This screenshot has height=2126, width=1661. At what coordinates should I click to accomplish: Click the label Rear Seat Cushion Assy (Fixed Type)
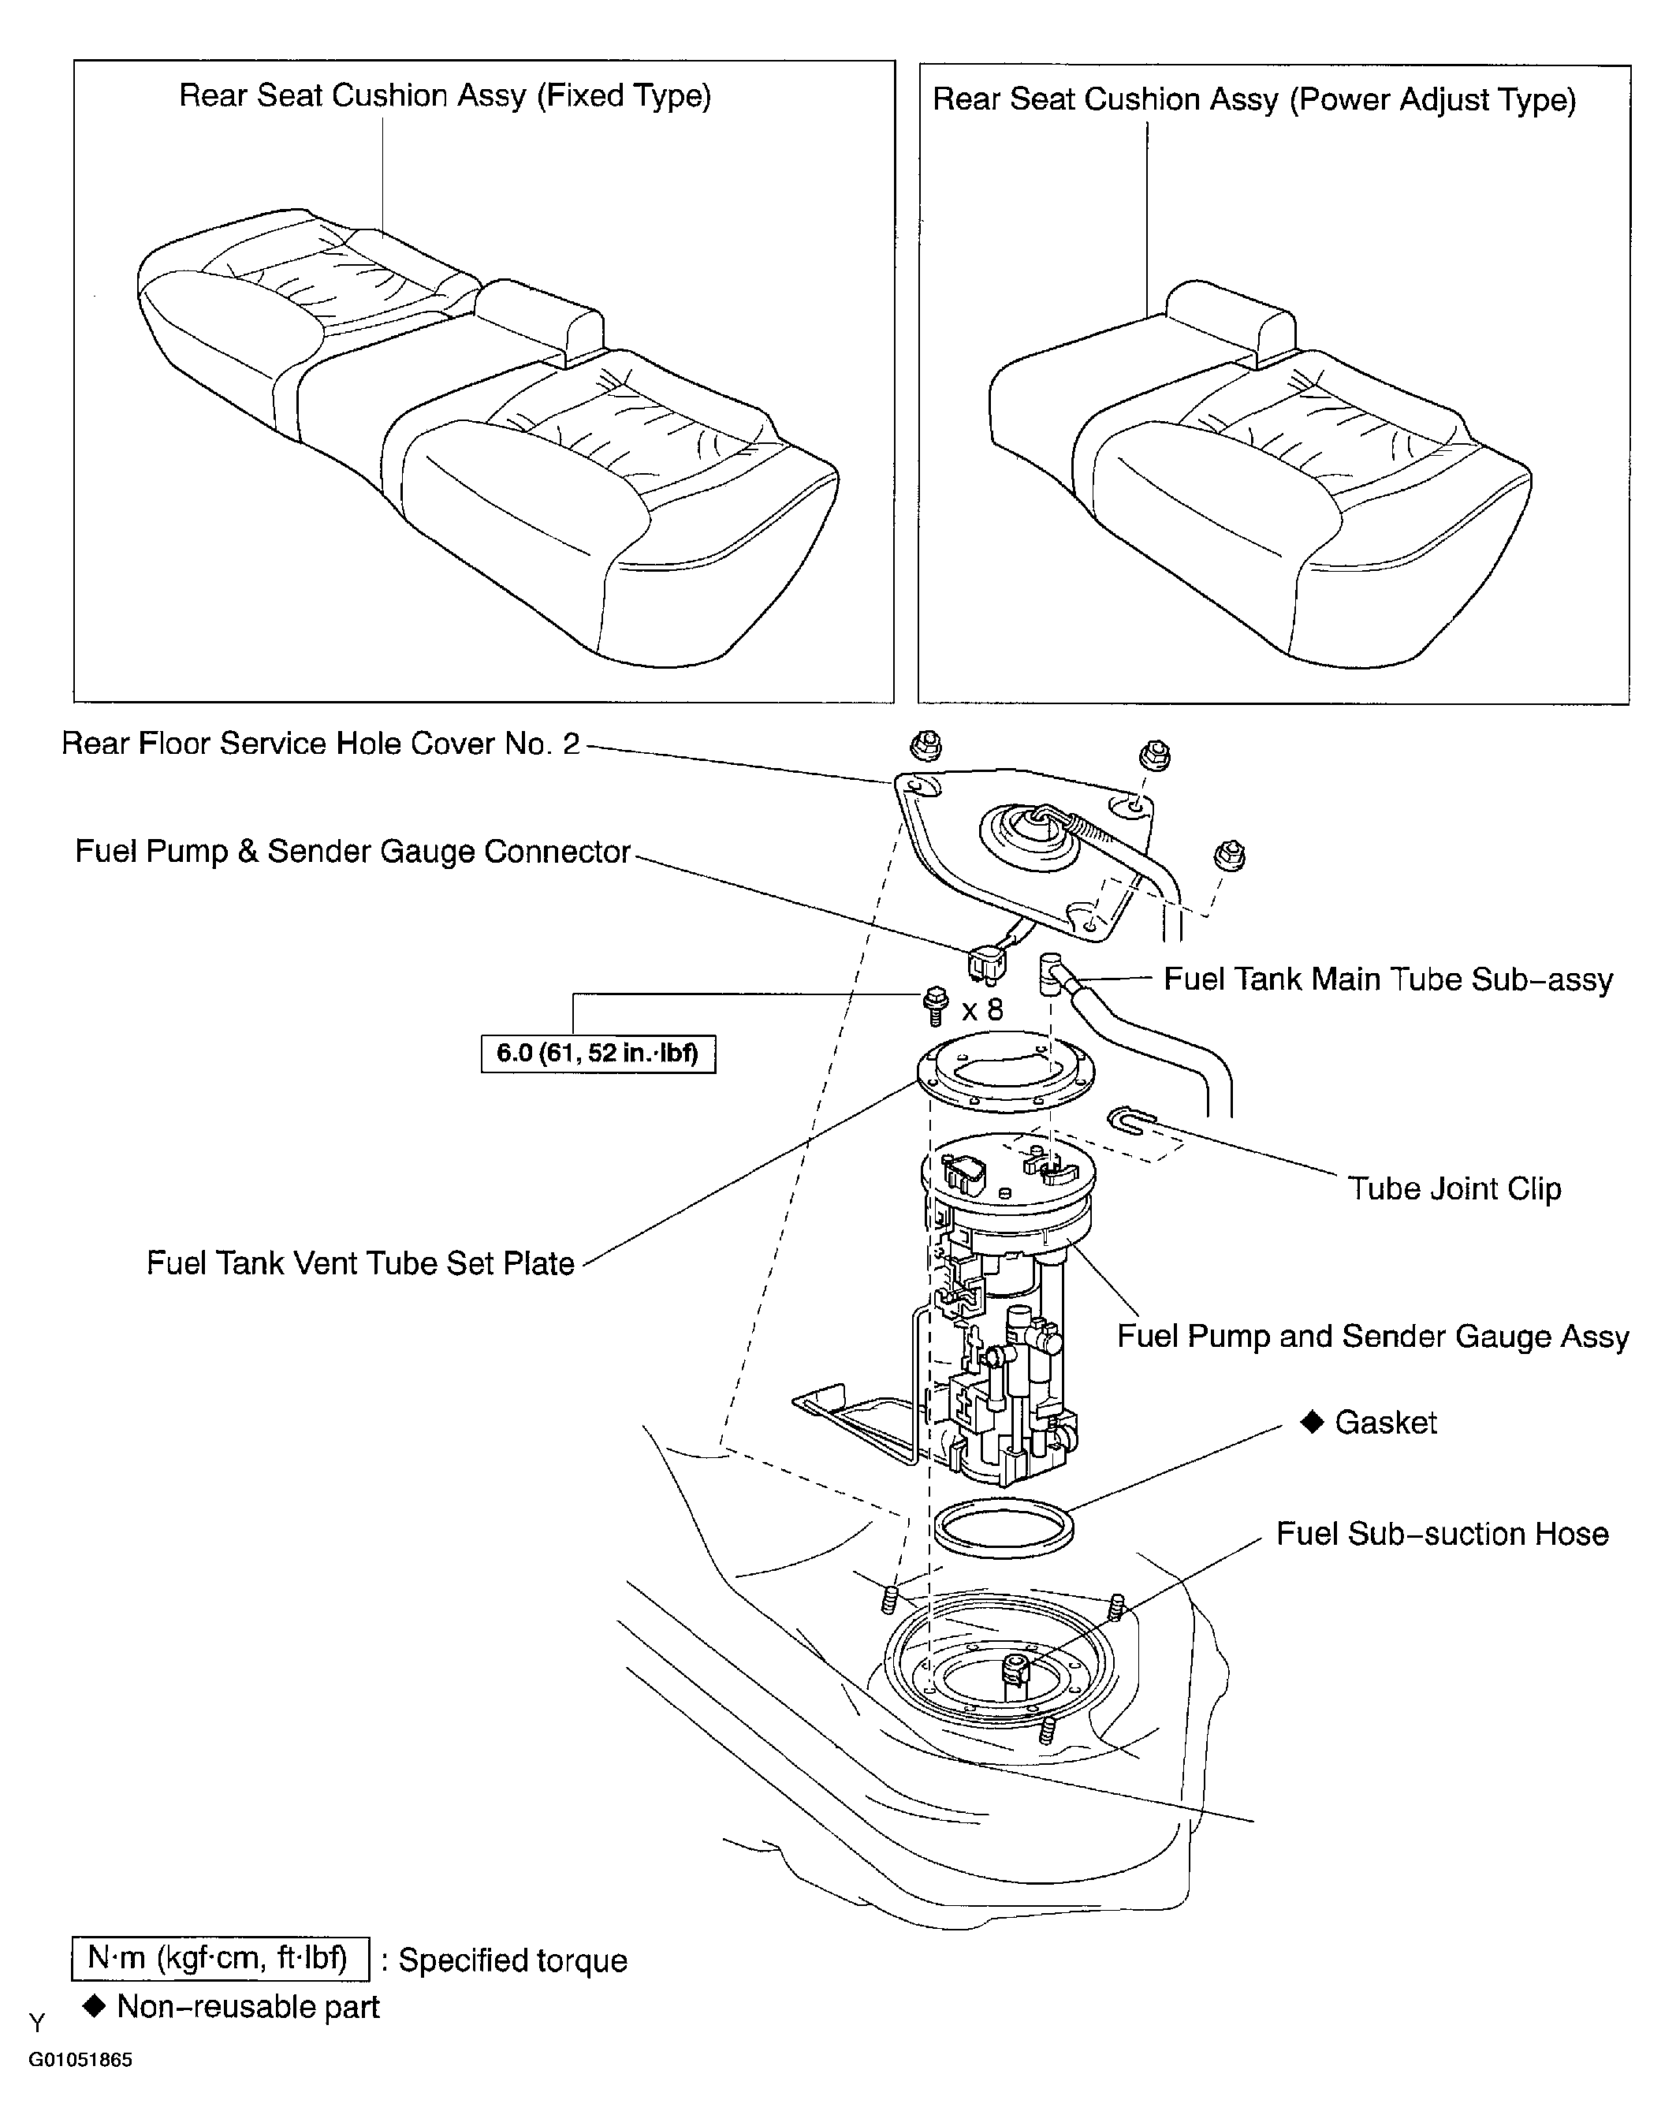tap(445, 96)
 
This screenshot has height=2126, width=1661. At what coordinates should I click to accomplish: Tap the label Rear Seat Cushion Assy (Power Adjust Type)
tap(1254, 100)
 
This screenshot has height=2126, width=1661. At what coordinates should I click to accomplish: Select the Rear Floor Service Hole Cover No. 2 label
tap(320, 744)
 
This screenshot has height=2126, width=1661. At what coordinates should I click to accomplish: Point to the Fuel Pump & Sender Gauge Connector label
tap(353, 852)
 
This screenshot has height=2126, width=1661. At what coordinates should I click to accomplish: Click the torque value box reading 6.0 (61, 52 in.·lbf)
tap(598, 1054)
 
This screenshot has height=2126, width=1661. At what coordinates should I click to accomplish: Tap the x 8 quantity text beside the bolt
tap(981, 1009)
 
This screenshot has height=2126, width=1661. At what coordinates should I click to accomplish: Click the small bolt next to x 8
tap(935, 1005)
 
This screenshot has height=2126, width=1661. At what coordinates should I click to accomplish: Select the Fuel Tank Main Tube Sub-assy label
tap(1388, 979)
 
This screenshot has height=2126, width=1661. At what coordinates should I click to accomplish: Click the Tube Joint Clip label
tap(1454, 1188)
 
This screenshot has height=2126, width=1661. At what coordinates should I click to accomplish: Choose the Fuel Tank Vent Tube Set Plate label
tap(360, 1263)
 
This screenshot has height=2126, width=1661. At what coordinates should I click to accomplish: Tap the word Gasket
tap(1386, 1423)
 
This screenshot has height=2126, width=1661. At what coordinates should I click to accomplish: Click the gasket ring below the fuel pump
tap(1004, 1527)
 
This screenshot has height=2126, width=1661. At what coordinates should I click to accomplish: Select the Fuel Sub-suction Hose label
tap(1442, 1534)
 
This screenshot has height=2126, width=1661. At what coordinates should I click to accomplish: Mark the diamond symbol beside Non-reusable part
tap(95, 2005)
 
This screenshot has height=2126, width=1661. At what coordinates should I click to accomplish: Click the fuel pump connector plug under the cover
tap(987, 964)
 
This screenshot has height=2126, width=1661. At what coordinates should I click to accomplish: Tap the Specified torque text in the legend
tap(512, 1960)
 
